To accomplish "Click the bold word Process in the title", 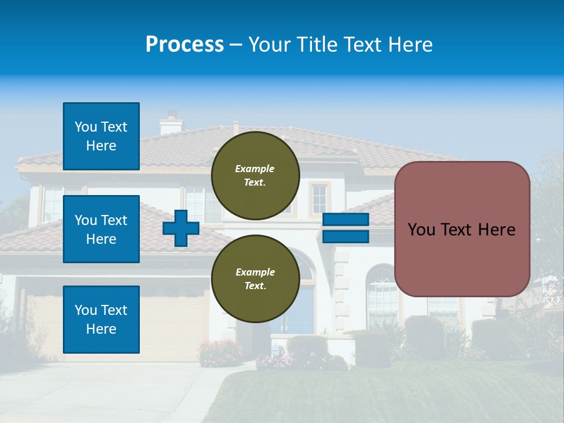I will pos(184,45).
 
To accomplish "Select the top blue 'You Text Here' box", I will pos(101,136).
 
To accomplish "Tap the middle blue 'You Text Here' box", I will pos(101,229).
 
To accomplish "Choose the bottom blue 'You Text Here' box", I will pos(101,320).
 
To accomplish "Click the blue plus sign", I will pos(181,228).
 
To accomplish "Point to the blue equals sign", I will pos(345,228).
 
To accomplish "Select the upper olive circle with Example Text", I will pos(255,175).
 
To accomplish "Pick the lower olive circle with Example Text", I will pos(255,278).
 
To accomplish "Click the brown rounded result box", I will pos(462,229).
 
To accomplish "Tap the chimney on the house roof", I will pos(171,123).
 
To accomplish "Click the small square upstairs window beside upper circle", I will pos(319,199).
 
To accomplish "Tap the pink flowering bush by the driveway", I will pos(220,352).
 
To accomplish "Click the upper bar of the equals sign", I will pos(345,220).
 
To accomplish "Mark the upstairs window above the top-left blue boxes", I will pos(53,203).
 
